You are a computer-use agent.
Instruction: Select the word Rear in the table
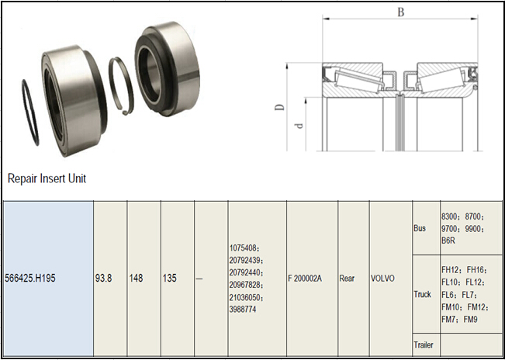point(348,278)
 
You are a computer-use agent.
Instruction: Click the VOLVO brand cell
point(384,278)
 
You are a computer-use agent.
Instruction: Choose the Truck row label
point(422,295)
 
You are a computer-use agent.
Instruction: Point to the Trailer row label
point(424,344)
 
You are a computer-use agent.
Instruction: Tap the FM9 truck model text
point(472,320)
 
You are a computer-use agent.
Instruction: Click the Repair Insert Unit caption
point(47,178)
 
